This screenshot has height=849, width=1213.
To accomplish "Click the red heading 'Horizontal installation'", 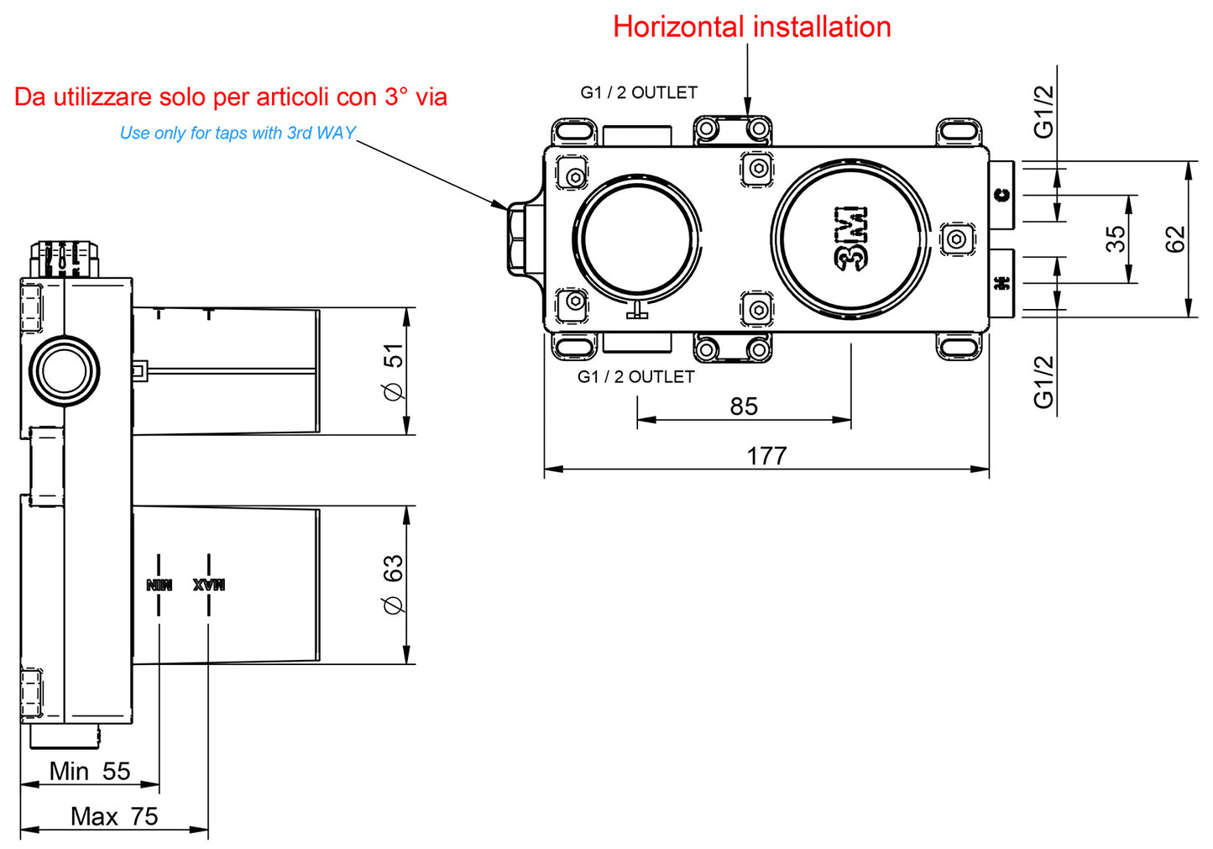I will (751, 27).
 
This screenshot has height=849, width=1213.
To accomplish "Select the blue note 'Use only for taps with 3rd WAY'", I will (238, 133).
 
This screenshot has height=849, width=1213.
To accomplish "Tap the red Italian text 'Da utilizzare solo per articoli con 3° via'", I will (231, 97).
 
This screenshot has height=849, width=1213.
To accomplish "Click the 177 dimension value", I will (766, 456).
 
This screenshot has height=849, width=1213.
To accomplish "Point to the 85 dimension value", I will (744, 406).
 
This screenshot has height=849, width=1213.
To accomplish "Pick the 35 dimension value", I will (1116, 238).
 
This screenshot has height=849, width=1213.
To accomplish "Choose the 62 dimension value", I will (1176, 239).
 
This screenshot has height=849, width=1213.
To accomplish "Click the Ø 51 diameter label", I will (393, 371).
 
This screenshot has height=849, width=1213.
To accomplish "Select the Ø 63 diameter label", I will (393, 584).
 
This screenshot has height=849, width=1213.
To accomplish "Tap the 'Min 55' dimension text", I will (90, 771).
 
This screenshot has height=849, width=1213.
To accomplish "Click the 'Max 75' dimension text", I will (114, 816).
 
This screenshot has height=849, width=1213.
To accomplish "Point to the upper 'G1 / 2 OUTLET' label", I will (639, 92).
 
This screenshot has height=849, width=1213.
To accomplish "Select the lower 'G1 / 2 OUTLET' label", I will (635, 377).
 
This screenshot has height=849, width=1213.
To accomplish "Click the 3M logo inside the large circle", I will (851, 238).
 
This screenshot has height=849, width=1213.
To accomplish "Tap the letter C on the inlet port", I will (1001, 195).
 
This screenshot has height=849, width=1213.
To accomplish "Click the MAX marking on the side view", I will (208, 584).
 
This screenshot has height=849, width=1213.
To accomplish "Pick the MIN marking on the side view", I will (159, 584).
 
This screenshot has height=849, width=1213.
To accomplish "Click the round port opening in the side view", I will (65, 370).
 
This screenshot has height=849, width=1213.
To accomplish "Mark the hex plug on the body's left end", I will (516, 238).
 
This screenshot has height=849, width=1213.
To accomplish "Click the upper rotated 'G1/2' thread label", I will (1043, 111).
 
